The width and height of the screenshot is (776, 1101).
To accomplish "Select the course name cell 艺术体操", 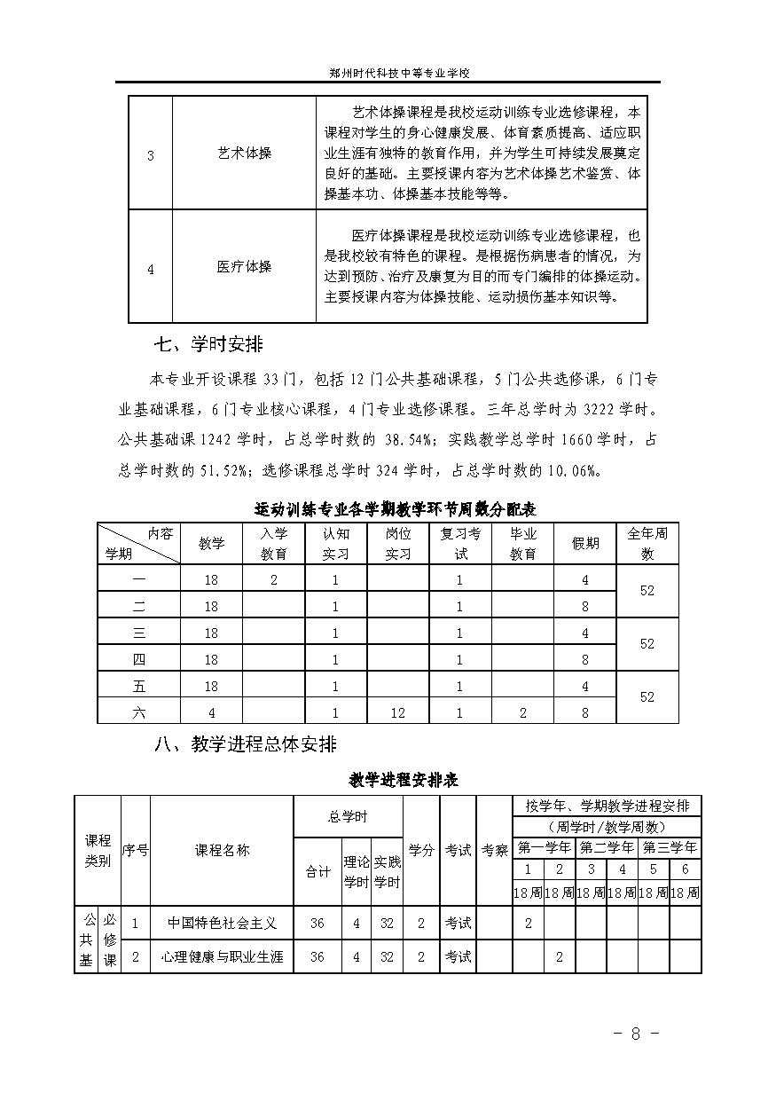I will click(244, 153).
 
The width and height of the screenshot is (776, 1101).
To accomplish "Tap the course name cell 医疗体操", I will click(244, 266).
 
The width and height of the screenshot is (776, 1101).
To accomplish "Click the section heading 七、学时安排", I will click(208, 344).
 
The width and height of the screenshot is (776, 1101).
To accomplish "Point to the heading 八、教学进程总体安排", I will click(246, 743).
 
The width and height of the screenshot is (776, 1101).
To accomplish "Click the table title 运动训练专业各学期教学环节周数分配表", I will click(395, 509).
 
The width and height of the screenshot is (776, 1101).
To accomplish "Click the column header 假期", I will click(585, 543).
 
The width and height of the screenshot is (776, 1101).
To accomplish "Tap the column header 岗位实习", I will click(398, 543).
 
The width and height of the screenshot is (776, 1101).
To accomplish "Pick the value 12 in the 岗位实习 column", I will click(398, 712).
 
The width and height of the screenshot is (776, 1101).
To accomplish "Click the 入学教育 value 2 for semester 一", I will click(273, 579).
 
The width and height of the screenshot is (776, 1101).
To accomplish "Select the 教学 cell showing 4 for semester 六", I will click(211, 712).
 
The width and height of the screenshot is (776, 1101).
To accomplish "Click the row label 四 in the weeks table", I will click(138, 659).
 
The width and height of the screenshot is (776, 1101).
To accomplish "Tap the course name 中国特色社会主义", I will click(223, 923).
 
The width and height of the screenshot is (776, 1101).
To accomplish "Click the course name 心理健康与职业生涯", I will click(223, 957).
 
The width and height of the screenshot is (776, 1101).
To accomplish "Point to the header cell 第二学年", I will click(607, 846).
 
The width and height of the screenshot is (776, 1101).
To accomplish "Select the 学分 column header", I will click(421, 850).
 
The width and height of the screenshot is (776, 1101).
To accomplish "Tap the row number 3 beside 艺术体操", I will click(150, 155).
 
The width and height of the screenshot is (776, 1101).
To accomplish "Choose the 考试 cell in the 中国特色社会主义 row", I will click(458, 923).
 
